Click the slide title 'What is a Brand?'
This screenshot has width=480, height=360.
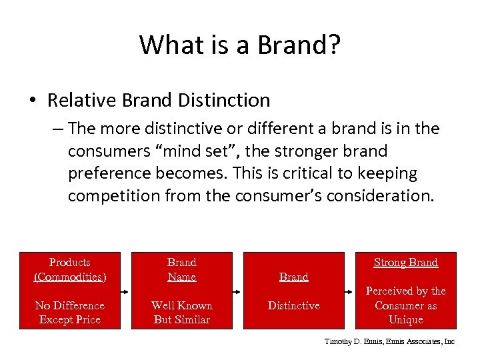click(240, 45)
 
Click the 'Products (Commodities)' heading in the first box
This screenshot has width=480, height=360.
click(70, 269)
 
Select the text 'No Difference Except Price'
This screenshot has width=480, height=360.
click(70, 312)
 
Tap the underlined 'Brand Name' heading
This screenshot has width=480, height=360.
click(182, 269)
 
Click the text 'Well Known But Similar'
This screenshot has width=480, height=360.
click(182, 312)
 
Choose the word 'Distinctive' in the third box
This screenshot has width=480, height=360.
click(293, 305)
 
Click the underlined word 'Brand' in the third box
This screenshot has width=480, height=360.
click(293, 277)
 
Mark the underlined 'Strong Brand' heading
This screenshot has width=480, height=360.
click(405, 262)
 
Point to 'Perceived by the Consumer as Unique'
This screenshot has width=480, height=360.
click(405, 305)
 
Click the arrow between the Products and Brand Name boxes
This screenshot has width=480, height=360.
click(126, 291)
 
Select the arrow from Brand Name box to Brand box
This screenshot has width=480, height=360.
click(238, 291)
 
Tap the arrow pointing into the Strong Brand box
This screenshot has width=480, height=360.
click(349, 291)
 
